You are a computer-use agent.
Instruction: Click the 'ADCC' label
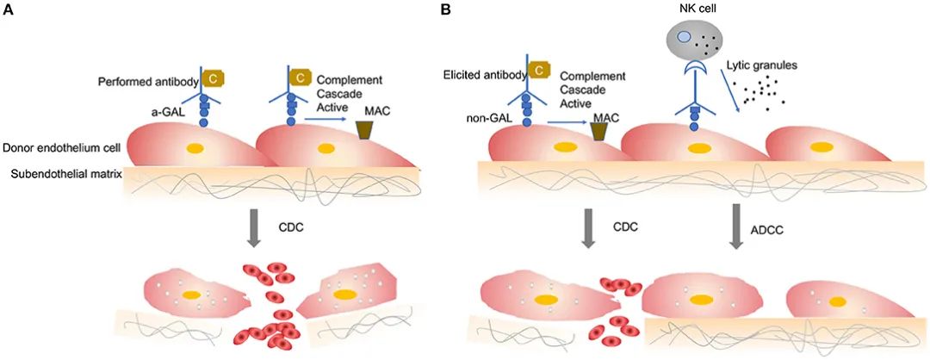[779, 232]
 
